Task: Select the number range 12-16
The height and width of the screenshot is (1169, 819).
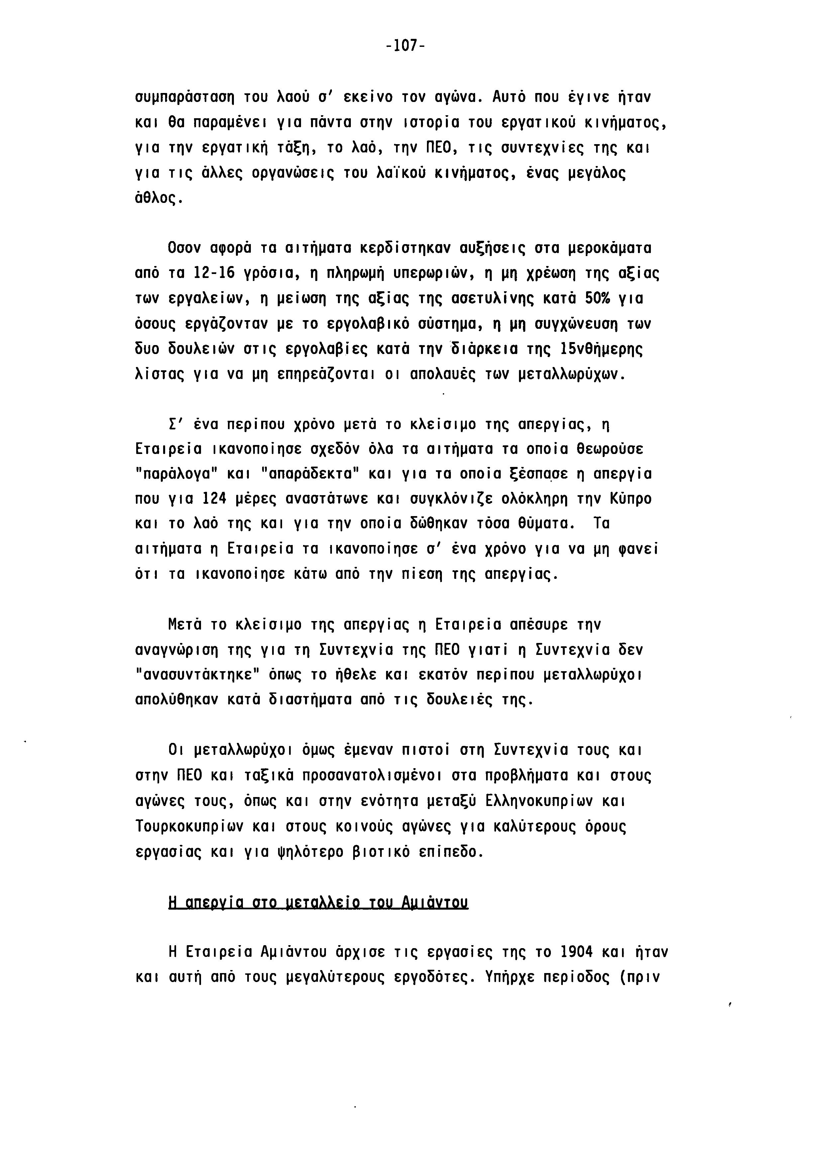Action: click(x=213, y=273)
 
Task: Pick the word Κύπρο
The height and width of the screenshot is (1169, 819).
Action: click(x=631, y=499)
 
